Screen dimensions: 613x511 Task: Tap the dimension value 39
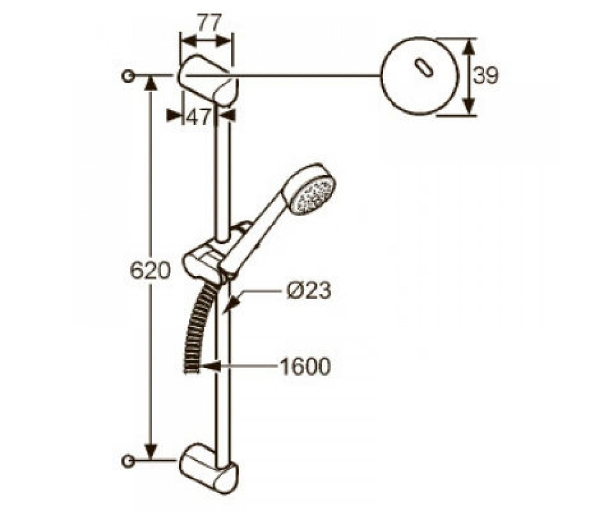(486, 75)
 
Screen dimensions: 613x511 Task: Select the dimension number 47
(198, 117)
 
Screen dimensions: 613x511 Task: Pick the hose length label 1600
(305, 366)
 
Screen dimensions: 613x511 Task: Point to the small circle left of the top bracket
(128, 76)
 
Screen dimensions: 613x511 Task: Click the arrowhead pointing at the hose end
(209, 366)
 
